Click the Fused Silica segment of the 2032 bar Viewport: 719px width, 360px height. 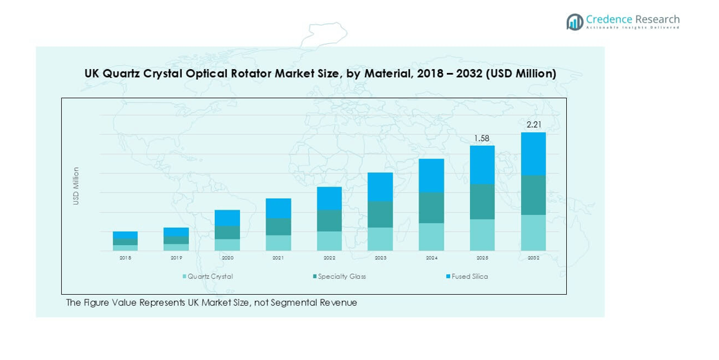pos(533,154)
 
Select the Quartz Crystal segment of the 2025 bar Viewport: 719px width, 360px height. pos(482,235)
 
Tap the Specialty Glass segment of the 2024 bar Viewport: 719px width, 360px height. pos(431,208)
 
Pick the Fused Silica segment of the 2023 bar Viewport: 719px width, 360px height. pos(380,186)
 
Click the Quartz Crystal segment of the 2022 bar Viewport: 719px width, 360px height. pos(330,241)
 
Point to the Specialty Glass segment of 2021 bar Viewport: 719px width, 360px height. pos(279,226)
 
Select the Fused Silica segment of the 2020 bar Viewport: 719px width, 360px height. pos(227,217)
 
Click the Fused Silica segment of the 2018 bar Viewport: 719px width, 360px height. pos(125,235)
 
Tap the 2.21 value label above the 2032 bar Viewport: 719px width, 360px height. pos(533,125)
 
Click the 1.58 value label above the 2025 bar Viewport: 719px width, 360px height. pos(482,138)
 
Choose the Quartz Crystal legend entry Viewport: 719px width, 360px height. pos(208,277)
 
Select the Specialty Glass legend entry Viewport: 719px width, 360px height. pos(339,277)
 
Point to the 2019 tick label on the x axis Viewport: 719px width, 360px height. pos(176,257)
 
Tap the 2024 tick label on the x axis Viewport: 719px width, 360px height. pos(431,257)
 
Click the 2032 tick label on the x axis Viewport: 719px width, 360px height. pos(533,257)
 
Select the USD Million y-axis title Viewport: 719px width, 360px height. pos(76,186)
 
